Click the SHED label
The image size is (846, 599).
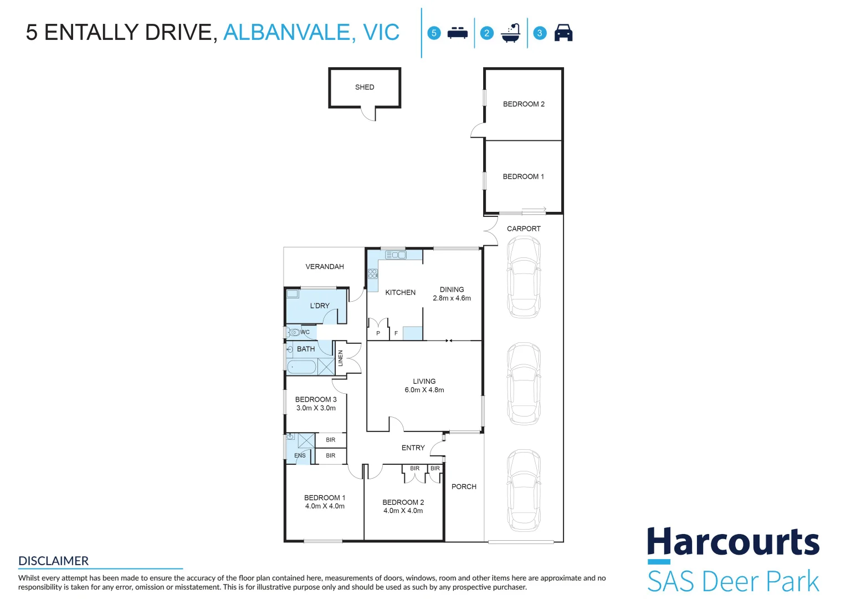point(365,87)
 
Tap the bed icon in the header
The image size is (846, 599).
point(458,33)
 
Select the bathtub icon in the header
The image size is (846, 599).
point(511,33)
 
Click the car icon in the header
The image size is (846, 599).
point(563,33)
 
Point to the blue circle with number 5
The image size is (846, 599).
point(434,33)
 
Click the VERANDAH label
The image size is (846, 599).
point(325,267)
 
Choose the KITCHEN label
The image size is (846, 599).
point(400,292)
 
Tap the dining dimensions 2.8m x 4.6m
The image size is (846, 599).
point(452,298)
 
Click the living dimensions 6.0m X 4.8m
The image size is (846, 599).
point(424,390)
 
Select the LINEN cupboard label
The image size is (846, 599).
point(340,358)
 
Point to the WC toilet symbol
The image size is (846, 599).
point(294,332)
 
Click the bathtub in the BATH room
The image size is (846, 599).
point(301,367)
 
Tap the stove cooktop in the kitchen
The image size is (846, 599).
point(373,273)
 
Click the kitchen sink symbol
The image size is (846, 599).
point(396,255)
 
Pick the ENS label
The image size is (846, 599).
point(300,455)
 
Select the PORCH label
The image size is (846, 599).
point(464,487)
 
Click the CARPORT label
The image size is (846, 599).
point(524,229)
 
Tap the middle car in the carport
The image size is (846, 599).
point(524,383)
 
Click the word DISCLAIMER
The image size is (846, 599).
point(53,561)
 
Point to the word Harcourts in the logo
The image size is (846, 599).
point(733,541)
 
